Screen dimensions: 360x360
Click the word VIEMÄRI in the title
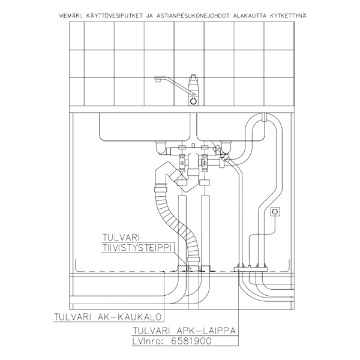pyautogui.click(x=73, y=14)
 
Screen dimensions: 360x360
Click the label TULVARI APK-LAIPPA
pyautogui.click(x=184, y=330)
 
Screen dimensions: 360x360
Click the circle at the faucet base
pyautogui.click(x=193, y=101)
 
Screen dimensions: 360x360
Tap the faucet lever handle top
pyautogui.click(x=193, y=78)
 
